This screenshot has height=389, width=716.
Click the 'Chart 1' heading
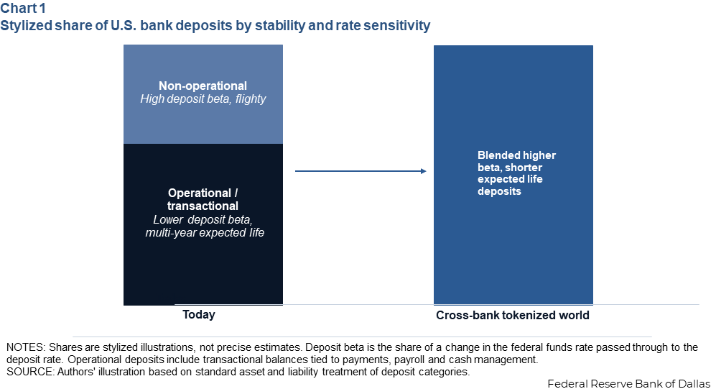pos(23,8)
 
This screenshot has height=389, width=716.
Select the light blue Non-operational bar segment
pos(203,94)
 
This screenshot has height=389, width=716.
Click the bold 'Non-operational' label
pos(203,86)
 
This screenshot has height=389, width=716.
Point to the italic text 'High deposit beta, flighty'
pos(203,99)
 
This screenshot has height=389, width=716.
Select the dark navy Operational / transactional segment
pos(203,224)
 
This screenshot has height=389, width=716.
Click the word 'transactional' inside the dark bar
pos(203,206)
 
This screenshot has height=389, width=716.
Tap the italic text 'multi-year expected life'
pos(205,233)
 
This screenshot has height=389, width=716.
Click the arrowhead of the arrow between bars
pos(423,171)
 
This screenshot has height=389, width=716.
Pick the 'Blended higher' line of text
pos(516,155)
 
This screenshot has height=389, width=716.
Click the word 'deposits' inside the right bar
pos(499,191)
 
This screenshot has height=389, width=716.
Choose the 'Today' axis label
pos(199,314)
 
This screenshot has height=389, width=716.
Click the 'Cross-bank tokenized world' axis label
pos(512,315)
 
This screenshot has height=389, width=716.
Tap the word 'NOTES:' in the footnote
pos(26,347)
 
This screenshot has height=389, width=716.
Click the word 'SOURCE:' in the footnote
pos(30,372)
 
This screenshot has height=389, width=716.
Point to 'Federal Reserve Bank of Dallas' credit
pos(629,383)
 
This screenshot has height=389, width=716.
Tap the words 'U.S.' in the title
pos(124,26)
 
